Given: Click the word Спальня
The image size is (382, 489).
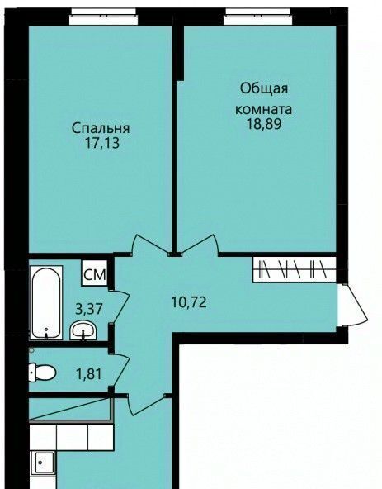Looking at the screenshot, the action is (x=101, y=128).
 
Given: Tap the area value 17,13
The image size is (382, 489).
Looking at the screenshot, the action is (x=101, y=144).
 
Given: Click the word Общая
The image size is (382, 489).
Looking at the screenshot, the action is (x=264, y=89).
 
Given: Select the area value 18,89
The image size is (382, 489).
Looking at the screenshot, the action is (x=264, y=124).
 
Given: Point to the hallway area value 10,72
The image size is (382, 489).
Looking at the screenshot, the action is (x=189, y=302).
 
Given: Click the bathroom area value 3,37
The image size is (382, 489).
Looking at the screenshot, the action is (x=89, y=309).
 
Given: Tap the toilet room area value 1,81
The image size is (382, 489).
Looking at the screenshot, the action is (x=89, y=373).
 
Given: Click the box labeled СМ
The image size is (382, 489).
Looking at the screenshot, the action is (x=95, y=273).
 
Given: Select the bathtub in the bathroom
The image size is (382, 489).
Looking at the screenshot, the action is (x=46, y=302).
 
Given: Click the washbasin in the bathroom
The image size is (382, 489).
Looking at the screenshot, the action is (x=83, y=330).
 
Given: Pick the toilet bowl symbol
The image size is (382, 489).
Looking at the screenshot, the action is (x=42, y=372).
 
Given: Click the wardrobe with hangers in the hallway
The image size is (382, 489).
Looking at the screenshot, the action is (x=295, y=269).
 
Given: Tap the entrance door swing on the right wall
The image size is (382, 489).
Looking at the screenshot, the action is (x=354, y=305).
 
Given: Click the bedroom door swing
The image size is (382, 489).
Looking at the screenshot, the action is (x=149, y=244).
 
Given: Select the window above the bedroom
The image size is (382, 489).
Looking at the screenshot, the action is (x=103, y=17).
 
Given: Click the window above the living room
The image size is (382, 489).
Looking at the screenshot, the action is (x=258, y=17).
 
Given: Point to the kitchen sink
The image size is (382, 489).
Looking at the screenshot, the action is (x=44, y=463).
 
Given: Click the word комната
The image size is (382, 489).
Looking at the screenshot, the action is (x=263, y=109).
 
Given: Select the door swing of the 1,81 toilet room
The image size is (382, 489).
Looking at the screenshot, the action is (x=120, y=371).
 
